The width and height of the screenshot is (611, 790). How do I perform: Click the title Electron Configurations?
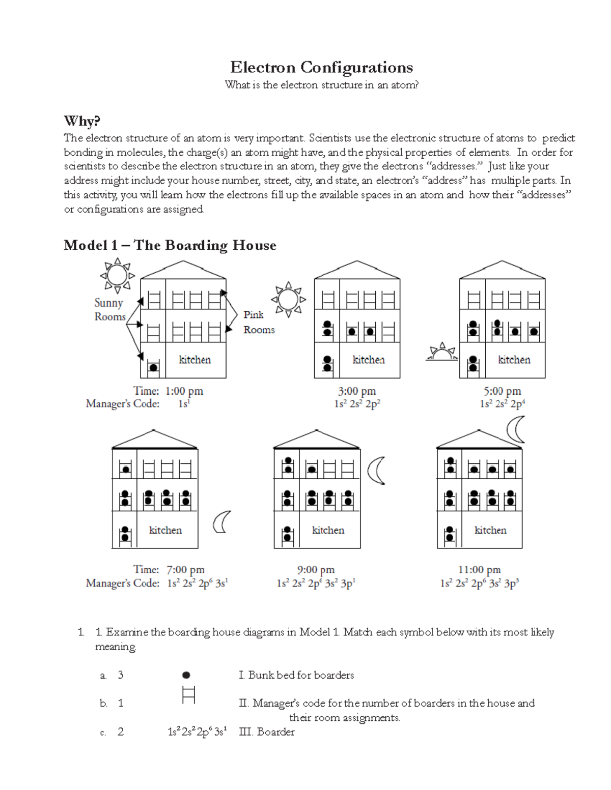[x=321, y=67]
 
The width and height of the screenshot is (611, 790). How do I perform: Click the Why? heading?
[x=82, y=121]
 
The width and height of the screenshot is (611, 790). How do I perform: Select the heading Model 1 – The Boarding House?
[x=170, y=245]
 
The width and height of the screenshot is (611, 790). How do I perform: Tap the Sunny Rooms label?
[x=109, y=309]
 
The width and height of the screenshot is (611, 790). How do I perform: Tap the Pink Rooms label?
[x=259, y=322]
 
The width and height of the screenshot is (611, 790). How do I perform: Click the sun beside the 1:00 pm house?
[x=117, y=275]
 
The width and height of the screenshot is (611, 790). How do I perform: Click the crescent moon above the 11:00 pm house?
[x=517, y=429]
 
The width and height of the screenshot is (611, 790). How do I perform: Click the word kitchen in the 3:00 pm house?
[x=369, y=360]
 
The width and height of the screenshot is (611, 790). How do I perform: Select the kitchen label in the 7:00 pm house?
[x=165, y=530]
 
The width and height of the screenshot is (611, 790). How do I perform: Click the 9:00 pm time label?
[x=316, y=570]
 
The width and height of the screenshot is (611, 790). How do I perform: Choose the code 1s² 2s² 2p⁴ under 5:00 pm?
[x=502, y=404]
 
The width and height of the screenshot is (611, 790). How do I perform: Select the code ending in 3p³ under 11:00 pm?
[x=479, y=583]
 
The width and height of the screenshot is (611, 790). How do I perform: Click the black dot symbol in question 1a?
[x=186, y=675]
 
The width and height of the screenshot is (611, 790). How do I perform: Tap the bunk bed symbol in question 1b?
[x=188, y=695]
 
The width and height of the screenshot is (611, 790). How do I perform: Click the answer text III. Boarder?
[x=267, y=732]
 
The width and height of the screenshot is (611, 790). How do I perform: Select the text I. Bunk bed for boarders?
[x=296, y=675]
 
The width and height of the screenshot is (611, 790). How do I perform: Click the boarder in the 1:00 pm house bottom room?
[x=153, y=366]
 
